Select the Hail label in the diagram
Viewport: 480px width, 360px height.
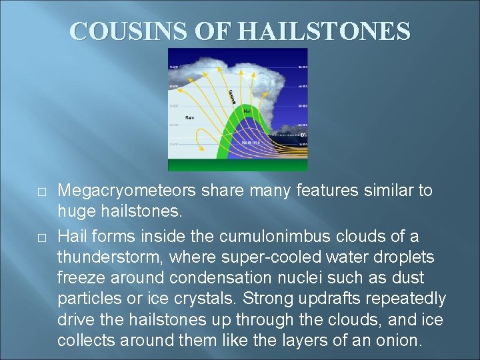(247, 111)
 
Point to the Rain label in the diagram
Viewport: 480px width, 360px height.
(190, 118)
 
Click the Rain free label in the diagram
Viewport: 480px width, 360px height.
(251, 142)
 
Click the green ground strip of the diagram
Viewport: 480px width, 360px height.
(237, 165)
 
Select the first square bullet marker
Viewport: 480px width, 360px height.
(41, 191)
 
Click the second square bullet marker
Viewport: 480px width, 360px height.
(41, 237)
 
